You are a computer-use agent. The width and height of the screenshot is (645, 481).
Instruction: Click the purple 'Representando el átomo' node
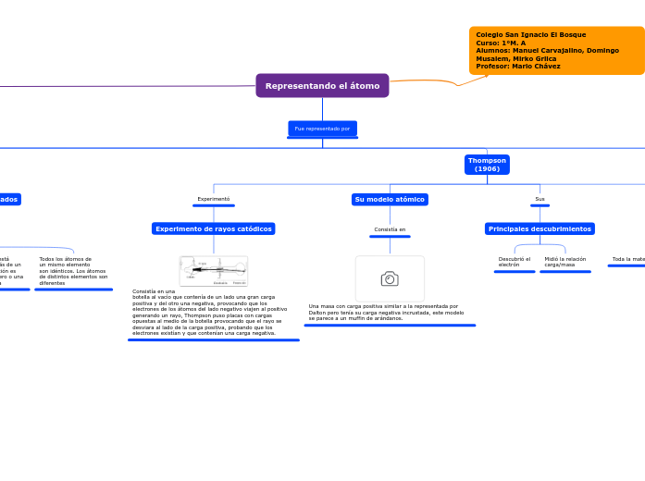[322, 86]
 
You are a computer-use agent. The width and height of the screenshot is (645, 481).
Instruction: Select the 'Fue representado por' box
[322, 129]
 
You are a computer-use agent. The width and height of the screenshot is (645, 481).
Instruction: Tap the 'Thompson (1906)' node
[487, 165]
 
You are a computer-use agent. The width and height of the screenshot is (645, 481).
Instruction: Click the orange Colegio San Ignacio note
[556, 51]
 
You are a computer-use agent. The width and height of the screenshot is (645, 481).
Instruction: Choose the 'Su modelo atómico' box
[390, 199]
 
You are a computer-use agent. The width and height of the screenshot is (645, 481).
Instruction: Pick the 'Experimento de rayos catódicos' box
[214, 228]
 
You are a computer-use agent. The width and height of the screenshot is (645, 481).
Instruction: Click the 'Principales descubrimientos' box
[540, 228]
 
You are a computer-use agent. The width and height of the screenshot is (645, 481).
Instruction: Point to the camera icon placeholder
[390, 278]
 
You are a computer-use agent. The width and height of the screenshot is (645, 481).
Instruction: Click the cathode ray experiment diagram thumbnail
[214, 271]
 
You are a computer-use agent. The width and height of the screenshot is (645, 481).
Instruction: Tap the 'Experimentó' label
[214, 199]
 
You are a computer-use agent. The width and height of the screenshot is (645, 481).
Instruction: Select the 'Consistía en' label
[390, 228]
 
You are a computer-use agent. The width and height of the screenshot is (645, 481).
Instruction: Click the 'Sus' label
[540, 199]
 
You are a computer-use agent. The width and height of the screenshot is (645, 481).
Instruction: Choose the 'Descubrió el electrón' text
[515, 262]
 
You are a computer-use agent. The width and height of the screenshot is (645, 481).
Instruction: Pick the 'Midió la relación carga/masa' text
[564, 262]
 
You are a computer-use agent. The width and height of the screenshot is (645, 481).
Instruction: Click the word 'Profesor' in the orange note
[490, 67]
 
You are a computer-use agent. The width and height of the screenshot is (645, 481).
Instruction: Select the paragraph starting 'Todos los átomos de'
[73, 271]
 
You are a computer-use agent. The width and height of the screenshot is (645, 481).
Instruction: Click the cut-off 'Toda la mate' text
[627, 259]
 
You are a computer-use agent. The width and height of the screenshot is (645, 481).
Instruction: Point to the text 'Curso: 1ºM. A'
[501, 43]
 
